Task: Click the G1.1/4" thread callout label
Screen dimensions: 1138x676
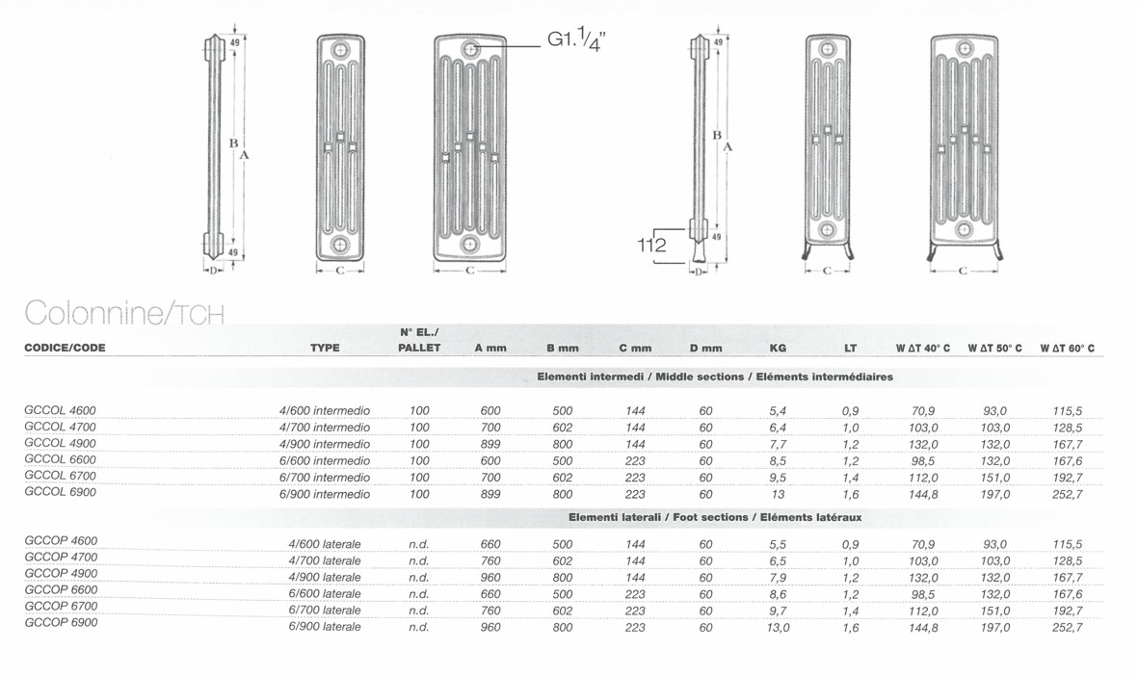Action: click(575, 40)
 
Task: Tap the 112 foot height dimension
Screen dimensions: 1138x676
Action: click(651, 246)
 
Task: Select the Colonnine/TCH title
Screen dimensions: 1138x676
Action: click(124, 313)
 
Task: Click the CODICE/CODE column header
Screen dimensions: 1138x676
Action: click(65, 349)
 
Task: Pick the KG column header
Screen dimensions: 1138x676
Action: click(778, 349)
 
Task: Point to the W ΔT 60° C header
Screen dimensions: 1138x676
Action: click(1067, 349)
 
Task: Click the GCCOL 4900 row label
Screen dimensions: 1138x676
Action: click(61, 443)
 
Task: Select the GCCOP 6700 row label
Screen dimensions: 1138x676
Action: click(61, 607)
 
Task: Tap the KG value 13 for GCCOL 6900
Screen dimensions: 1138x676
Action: click(778, 495)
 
